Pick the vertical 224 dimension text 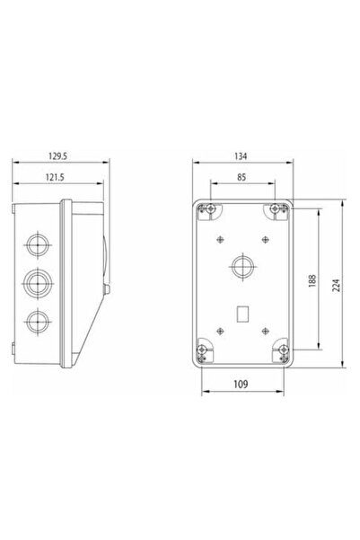(x=336, y=285)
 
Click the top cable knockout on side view (x=36, y=243)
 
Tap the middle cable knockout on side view (x=36, y=282)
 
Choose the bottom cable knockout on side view (x=36, y=320)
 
